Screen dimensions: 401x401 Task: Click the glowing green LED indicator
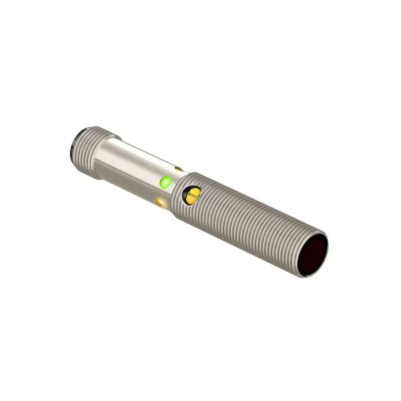click(x=165, y=182)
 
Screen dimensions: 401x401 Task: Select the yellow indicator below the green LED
click(x=161, y=202)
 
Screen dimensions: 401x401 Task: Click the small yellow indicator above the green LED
click(x=179, y=169)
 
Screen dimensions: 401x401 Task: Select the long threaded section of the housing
click(x=251, y=223)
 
